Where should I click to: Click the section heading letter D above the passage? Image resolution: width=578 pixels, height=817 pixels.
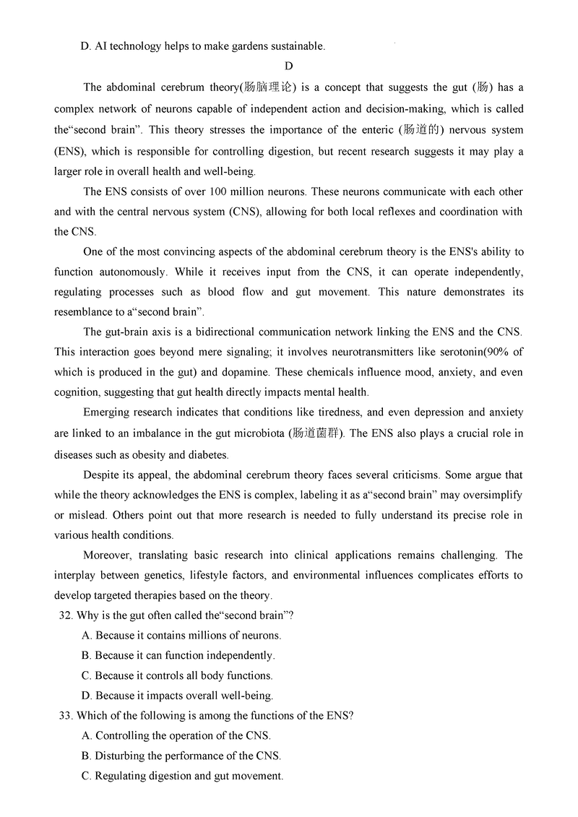click(x=288, y=67)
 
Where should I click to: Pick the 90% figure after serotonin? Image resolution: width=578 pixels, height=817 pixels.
click(x=501, y=353)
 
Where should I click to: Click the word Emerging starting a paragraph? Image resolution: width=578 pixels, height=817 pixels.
click(x=109, y=412)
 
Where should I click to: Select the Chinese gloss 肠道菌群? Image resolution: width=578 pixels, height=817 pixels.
click(x=313, y=433)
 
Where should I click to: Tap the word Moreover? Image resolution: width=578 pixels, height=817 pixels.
click(x=109, y=556)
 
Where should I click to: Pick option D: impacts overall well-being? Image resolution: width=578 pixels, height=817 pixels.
click(x=178, y=696)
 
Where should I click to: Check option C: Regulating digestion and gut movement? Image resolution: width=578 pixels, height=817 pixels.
click(x=182, y=776)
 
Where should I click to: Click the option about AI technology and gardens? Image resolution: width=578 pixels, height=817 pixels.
click(x=203, y=46)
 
